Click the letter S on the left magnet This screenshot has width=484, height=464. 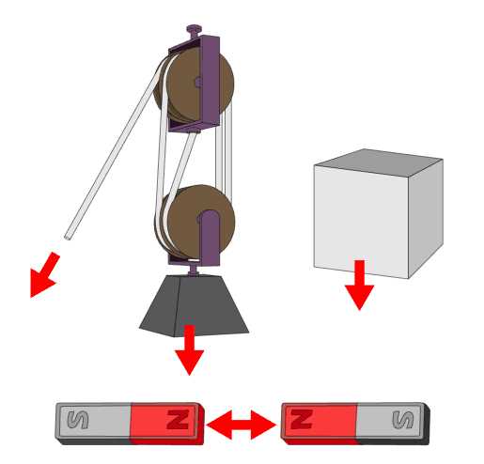pos(78,420)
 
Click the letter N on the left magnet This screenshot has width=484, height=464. pos(178,420)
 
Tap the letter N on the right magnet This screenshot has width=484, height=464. pos(302,419)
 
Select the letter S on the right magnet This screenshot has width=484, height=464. pos(403,420)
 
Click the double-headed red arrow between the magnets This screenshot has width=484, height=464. pos(242,425)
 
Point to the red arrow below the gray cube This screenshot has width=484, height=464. pos(360,285)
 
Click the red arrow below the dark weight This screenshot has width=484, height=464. pos(189,349)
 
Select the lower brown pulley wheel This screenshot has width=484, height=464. pos(195,222)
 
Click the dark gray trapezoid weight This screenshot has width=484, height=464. pos(194,306)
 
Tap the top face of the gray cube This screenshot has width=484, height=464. pos(379,162)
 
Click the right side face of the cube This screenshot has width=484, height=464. pos(426,219)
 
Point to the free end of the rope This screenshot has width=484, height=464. pos(67,237)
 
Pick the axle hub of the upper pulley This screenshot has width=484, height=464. pos(198,83)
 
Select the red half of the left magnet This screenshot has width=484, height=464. pos(165,424)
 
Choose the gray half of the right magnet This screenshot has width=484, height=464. pos(393,424)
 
